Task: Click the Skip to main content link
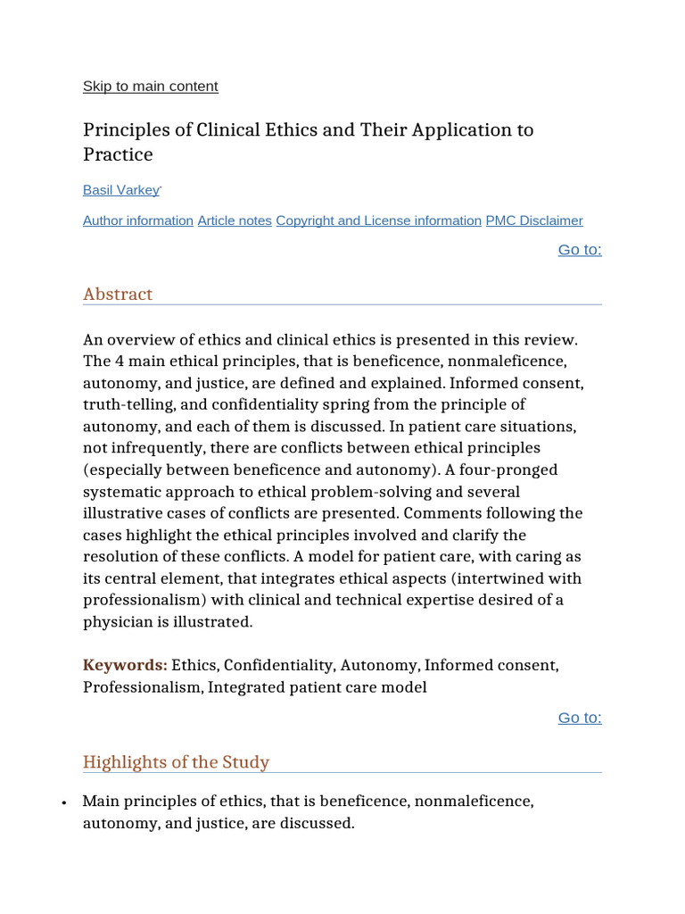coord(150,87)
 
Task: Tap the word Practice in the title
coord(118,155)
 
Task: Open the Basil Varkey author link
coord(121,190)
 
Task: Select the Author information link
coord(138,220)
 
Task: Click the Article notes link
coord(235,220)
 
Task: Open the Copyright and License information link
coord(378,220)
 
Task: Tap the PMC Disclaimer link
coord(534,220)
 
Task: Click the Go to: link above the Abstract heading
coord(580,250)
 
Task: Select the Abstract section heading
coord(118,295)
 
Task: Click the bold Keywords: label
coord(125,666)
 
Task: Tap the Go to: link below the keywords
coord(580,718)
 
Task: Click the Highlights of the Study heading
coord(176,762)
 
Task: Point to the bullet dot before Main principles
coord(65,803)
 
